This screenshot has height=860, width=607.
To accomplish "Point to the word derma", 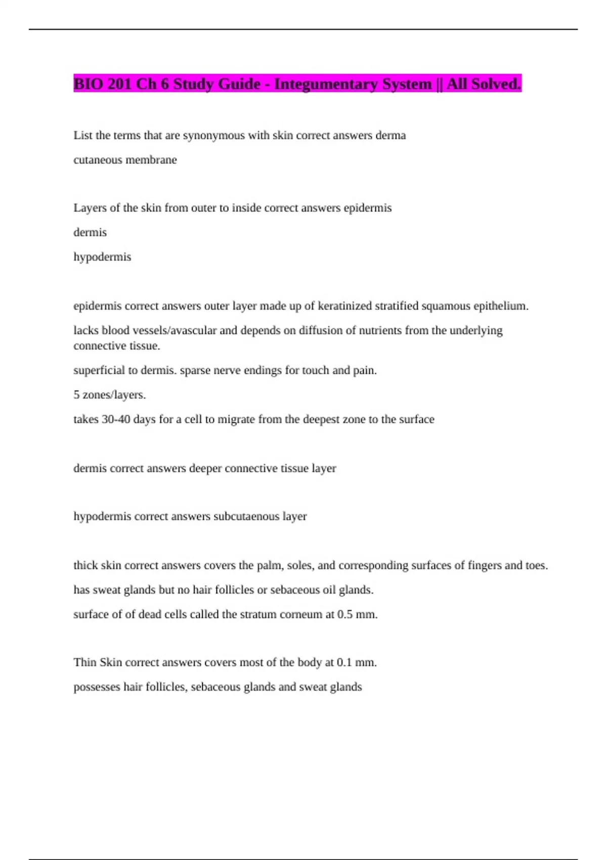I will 391,136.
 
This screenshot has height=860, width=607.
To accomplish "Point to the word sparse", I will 195,370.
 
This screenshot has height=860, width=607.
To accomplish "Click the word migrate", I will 236,419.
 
